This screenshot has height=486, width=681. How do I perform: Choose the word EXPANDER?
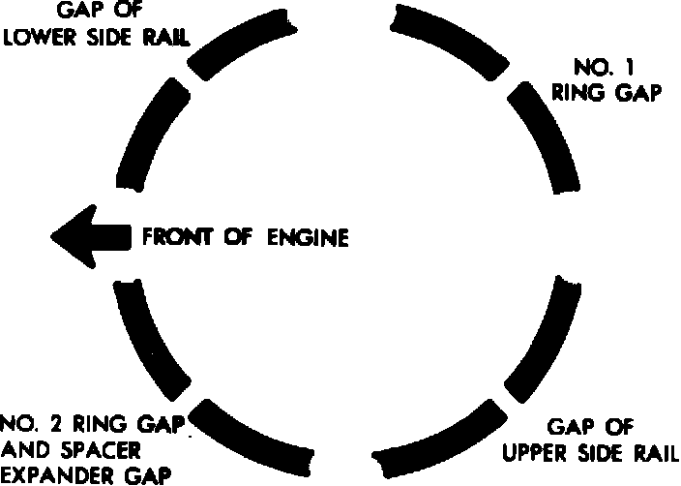(49, 474)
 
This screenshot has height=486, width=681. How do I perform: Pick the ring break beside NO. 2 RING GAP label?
(193, 400)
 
